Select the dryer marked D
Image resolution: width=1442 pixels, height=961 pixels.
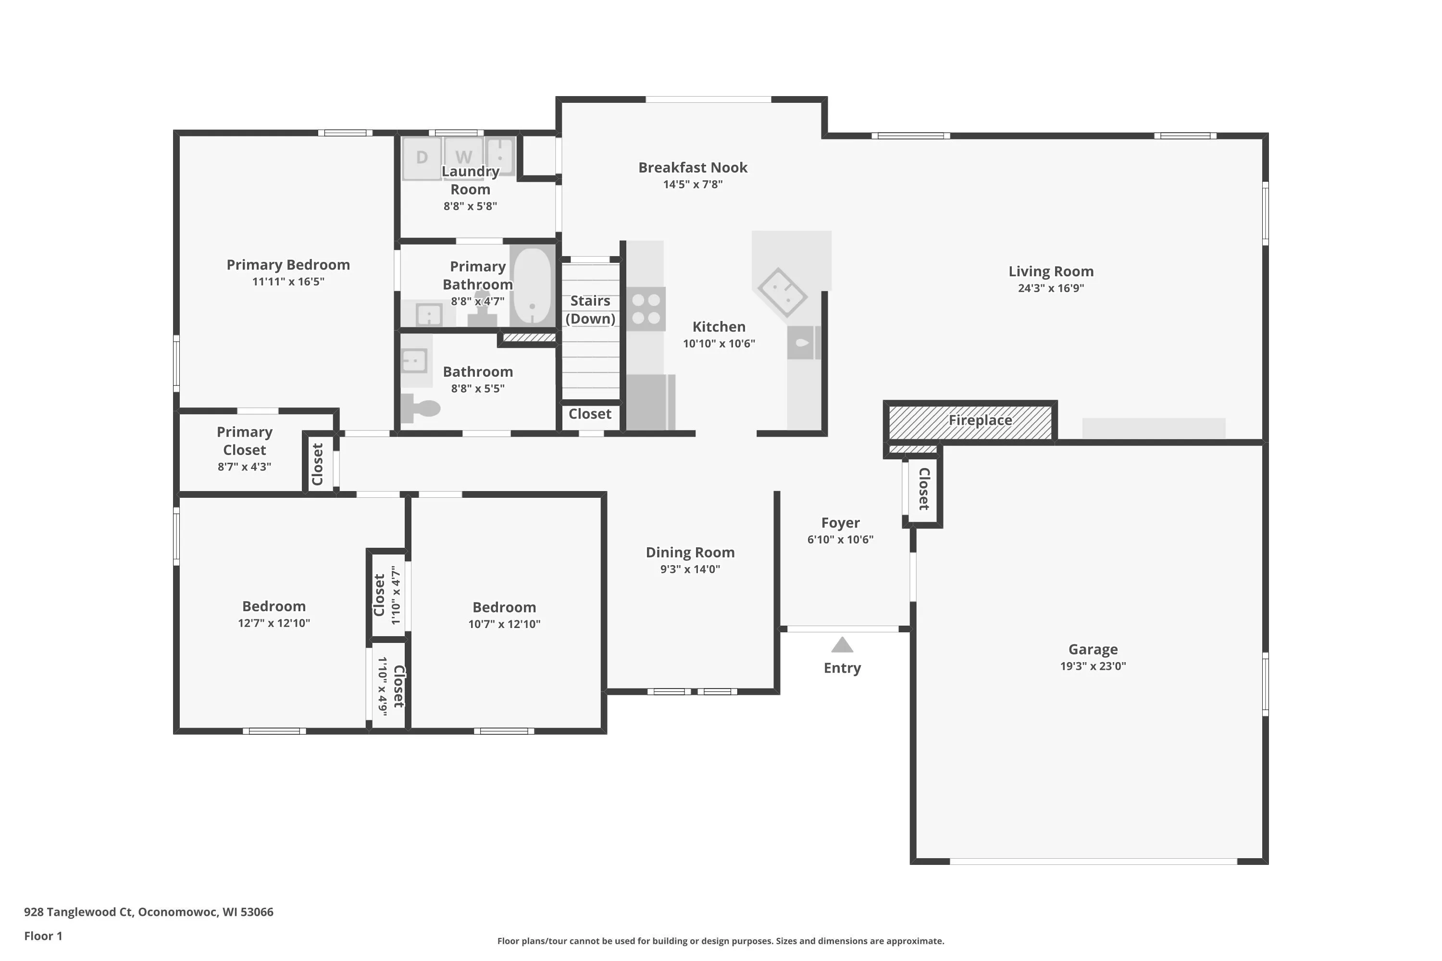422,158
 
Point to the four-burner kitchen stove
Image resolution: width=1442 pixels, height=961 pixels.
646,309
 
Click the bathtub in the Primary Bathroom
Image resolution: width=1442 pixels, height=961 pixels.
532,285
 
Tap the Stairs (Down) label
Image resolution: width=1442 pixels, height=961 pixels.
590,309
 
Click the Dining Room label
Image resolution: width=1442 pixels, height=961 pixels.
690,553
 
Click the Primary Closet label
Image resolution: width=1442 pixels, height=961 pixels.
244,441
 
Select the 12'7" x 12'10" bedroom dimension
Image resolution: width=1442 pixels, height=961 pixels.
274,623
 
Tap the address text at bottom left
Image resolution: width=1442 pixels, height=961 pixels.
149,912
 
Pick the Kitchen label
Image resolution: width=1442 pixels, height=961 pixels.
719,327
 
